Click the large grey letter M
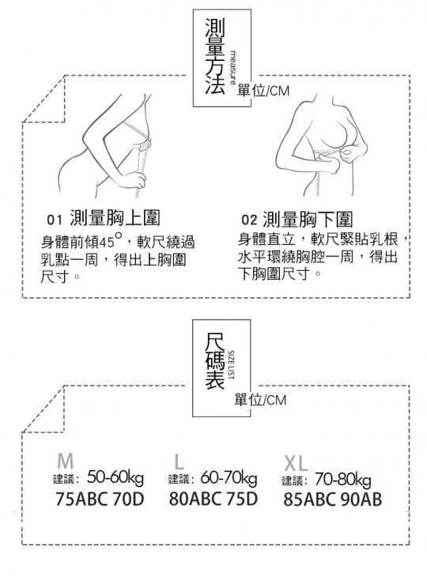coord(66,461)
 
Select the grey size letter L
coord(179,461)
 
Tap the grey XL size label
coord(296,463)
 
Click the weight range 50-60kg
coord(115,477)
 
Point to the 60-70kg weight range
coord(229,478)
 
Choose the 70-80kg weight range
coord(342,480)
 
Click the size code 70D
coord(128,499)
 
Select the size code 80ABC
coord(195,499)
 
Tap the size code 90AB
coord(361,499)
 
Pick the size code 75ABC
coord(81,499)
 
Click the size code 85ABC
coord(310,499)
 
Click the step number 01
coord(55,220)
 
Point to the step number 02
coord(249,220)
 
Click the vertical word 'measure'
coord(233,68)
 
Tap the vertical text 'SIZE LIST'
coord(232,365)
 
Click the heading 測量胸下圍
coord(308,220)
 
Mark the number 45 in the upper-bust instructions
coord(107,242)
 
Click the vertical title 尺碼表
coord(214,360)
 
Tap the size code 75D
coord(242,499)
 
